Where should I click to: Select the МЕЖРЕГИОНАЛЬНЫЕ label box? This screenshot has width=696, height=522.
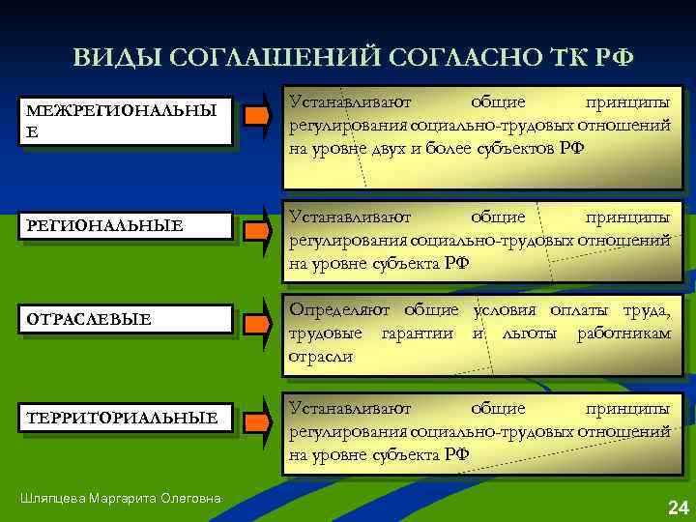coord(126,122)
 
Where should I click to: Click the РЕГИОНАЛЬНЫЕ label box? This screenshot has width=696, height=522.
coord(126,225)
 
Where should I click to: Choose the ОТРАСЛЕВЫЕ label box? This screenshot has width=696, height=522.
coord(126,319)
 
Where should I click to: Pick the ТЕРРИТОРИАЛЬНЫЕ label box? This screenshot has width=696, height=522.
coord(126,418)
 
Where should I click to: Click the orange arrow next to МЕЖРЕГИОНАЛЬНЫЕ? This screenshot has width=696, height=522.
coord(256,117)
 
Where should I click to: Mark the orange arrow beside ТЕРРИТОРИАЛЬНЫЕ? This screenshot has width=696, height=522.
coord(256,423)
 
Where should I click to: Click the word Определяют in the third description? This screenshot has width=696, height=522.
coord(339,310)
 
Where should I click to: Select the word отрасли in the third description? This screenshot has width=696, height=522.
coord(321,357)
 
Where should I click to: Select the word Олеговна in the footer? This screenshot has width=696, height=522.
coord(189,498)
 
